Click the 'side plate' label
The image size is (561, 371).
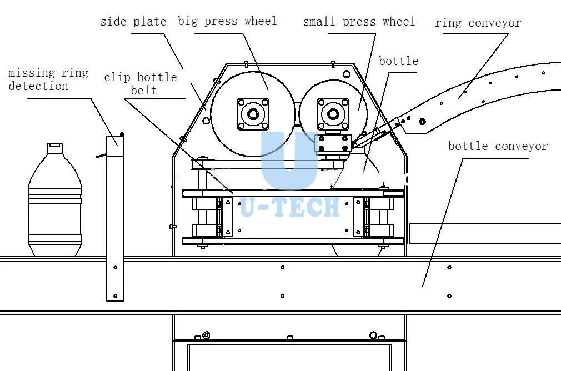pyautogui.click(x=133, y=22)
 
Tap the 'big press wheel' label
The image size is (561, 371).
pyautogui.click(x=227, y=21)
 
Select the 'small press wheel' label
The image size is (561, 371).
pyautogui.click(x=359, y=22)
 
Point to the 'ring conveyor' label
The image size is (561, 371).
pyautogui.click(x=478, y=23)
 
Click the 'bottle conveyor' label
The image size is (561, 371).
pyautogui.click(x=498, y=146)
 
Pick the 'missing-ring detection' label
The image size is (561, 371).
pyautogui.click(x=48, y=79)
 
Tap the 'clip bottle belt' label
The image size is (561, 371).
pyautogui.click(x=141, y=84)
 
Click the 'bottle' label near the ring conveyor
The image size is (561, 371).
pyautogui.click(x=399, y=61)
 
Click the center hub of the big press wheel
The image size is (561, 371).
pyautogui.click(x=253, y=114)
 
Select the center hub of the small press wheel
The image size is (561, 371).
pyautogui.click(x=333, y=114)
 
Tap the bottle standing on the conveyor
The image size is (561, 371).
pyautogui.click(x=55, y=199)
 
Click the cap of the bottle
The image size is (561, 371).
pyautogui.click(x=55, y=148)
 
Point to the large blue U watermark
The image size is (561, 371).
pyautogui.click(x=289, y=161)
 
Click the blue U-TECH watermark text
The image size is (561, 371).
pyautogui.click(x=290, y=208)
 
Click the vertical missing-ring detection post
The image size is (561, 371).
pyautogui.click(x=115, y=218)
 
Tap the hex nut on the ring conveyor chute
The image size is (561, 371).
pyautogui.click(x=422, y=122)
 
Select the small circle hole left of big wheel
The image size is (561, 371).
pyautogui.click(x=206, y=121)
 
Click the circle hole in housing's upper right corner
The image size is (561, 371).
pyautogui.click(x=347, y=74)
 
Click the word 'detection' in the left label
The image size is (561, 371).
pyautogui.click(x=38, y=86)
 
